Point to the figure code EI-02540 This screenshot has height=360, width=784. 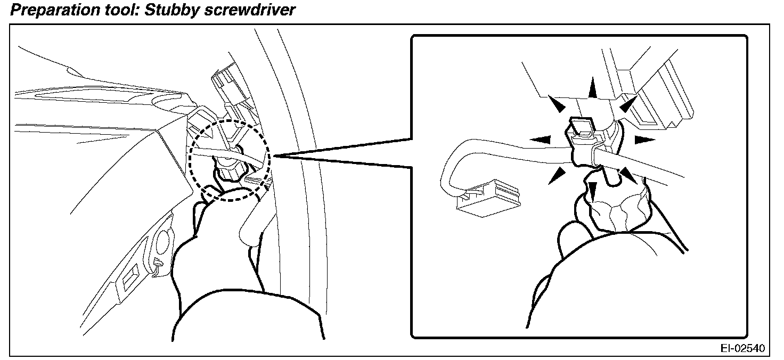click(x=743, y=348)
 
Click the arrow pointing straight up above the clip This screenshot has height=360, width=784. click(x=590, y=87)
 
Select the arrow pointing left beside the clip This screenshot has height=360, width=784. click(x=538, y=140)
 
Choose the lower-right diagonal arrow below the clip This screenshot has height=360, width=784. click(x=627, y=175)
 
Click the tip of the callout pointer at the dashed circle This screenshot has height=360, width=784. click(x=273, y=156)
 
